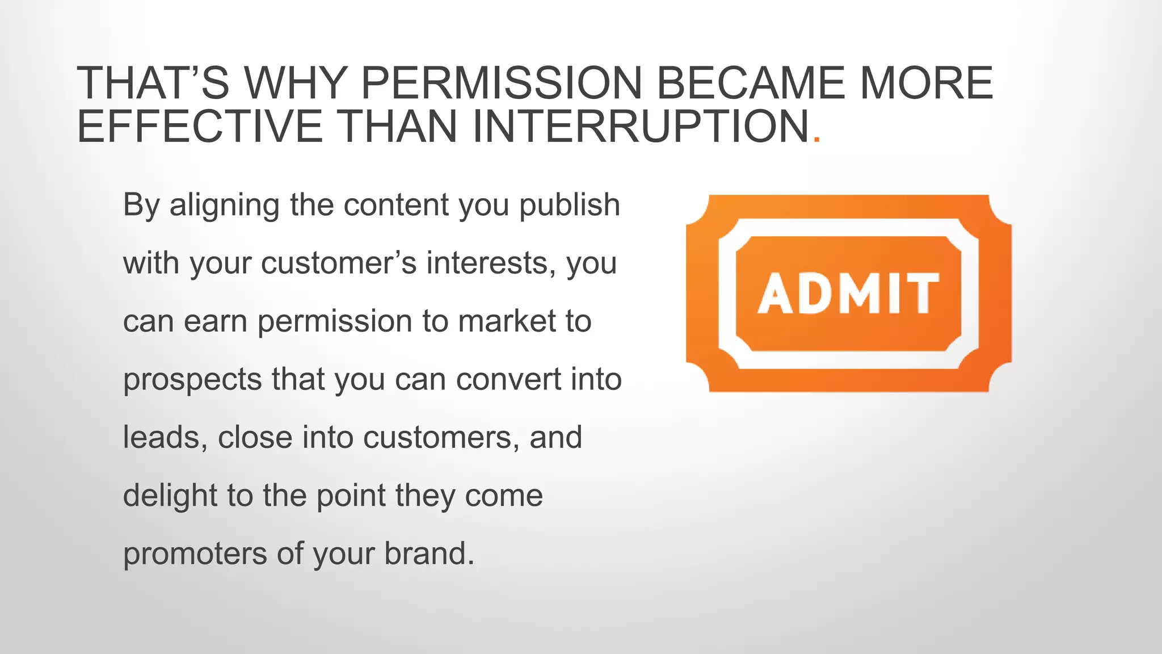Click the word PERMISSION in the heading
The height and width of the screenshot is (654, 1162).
501,83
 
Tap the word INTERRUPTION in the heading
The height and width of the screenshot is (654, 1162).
640,126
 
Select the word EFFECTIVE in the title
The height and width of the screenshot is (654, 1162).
200,126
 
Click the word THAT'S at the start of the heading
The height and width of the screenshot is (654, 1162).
153,83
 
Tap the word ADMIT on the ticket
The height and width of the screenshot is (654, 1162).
848,294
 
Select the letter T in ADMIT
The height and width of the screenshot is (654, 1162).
923,294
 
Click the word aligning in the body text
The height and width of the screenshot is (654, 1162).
224,206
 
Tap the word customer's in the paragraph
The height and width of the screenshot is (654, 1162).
339,263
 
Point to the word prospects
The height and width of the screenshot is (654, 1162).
192,380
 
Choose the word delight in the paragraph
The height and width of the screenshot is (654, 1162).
170,496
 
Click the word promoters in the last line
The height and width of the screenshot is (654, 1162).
195,554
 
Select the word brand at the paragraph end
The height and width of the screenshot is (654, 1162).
428,554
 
